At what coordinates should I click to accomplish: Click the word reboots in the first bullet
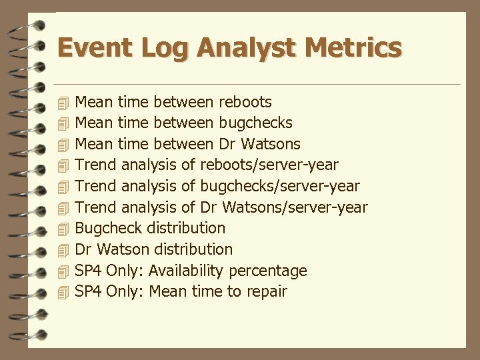point(245,102)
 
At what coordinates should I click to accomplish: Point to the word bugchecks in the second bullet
point(255,123)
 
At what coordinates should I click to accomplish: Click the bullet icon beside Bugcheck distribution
point(63,229)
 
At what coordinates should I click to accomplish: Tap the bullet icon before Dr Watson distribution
point(63,250)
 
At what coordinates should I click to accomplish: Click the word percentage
point(268,271)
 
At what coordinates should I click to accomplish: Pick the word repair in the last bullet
point(265,292)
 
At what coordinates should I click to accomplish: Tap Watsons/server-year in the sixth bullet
point(294,207)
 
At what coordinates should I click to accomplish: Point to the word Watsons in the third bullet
point(269,144)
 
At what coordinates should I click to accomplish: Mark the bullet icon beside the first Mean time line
point(63,103)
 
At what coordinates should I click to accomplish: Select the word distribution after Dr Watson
point(194,249)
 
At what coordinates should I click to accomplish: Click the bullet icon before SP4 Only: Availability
point(63,271)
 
